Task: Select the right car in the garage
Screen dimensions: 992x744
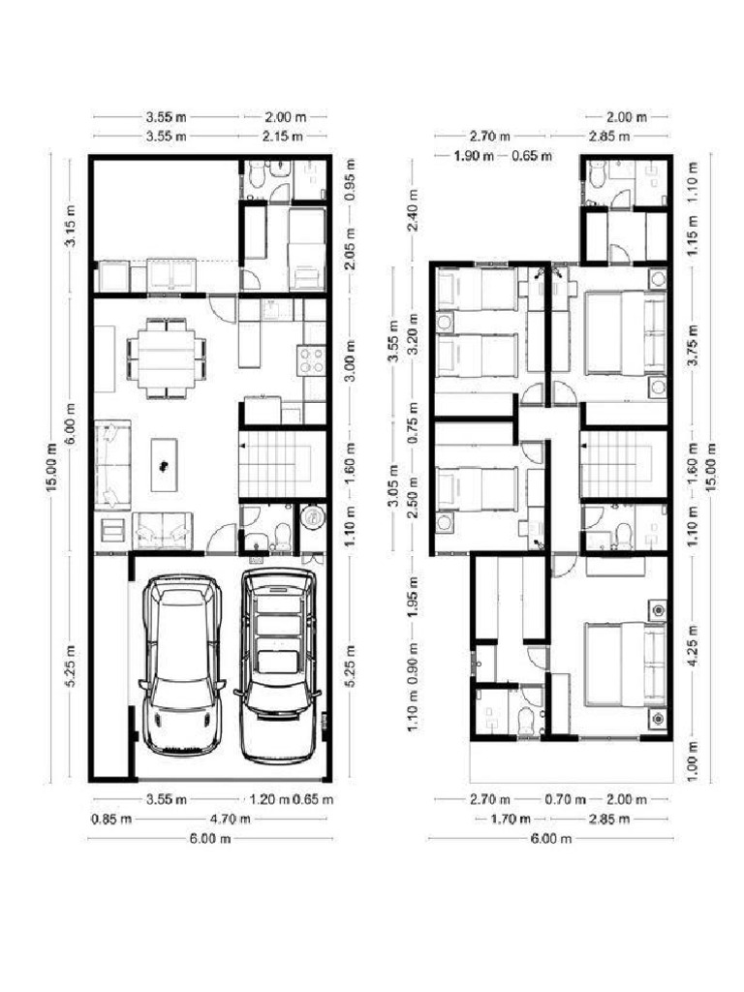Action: [279, 665]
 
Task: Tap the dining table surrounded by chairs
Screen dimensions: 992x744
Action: [167, 358]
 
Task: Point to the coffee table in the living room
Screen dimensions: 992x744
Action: [165, 464]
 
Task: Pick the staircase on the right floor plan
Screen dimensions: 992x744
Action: [624, 465]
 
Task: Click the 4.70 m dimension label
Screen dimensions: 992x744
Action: [231, 819]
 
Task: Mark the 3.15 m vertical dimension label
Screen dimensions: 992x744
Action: [70, 229]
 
